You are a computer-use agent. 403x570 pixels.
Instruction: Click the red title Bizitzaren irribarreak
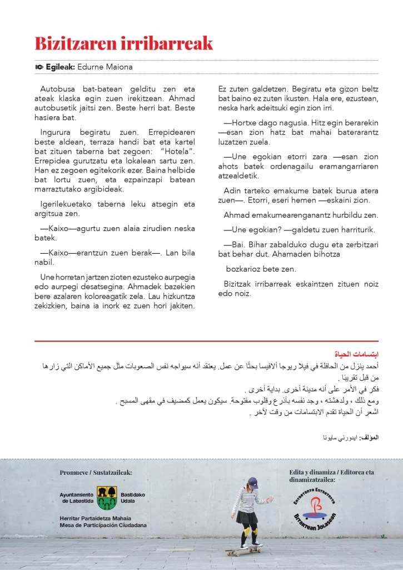[123, 43]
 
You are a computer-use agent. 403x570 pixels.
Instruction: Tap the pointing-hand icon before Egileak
[39, 67]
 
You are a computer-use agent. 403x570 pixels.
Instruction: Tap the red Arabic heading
[364, 354]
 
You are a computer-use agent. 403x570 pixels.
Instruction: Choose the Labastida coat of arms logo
[107, 497]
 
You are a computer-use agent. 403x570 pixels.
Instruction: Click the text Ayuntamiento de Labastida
[77, 497]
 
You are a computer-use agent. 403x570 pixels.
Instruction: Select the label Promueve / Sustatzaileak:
[96, 473]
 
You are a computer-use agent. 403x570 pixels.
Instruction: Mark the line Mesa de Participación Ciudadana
[103, 525]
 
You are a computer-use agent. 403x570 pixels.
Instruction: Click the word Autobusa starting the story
[58, 89]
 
